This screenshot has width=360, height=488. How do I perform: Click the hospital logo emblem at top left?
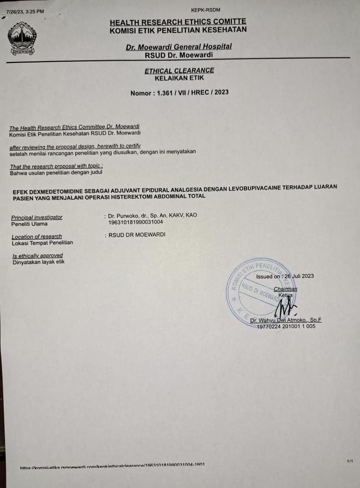[22, 38]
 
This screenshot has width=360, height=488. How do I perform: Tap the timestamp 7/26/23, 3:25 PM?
[25, 11]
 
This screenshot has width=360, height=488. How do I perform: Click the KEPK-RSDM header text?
[206, 10]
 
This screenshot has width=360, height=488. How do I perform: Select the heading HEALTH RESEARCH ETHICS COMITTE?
[178, 22]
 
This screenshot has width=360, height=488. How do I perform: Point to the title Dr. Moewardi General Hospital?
[179, 46]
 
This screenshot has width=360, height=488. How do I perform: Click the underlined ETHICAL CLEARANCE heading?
[179, 70]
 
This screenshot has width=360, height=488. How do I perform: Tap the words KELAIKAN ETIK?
[179, 78]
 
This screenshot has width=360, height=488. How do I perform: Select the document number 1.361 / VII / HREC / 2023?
[192, 92]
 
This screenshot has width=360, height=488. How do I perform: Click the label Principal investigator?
[37, 217]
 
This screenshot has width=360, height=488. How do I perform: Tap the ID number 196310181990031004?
[136, 222]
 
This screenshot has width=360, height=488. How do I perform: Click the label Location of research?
[37, 236]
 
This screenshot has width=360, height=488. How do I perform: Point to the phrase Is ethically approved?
[38, 256]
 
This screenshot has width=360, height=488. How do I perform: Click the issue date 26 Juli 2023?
[299, 276]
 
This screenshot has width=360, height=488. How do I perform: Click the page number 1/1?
[350, 460]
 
